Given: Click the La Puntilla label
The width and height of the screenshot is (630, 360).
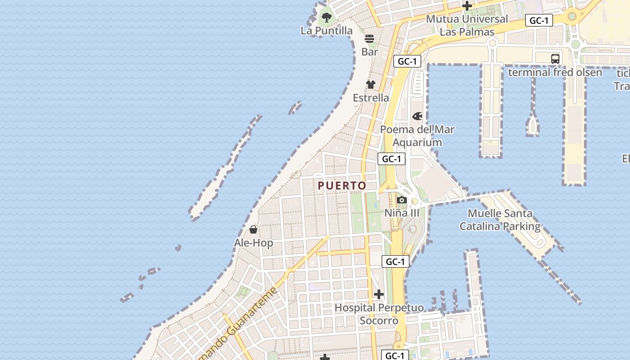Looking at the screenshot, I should pyautogui.click(x=327, y=31).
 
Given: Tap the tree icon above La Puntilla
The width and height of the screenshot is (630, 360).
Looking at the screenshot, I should pyautogui.click(x=327, y=18).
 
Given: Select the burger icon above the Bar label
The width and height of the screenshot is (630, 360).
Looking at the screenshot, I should pyautogui.click(x=369, y=39).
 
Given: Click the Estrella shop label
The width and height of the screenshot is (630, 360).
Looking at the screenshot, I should pyautogui.click(x=371, y=98).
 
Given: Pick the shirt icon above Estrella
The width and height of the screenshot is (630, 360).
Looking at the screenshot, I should pyautogui.click(x=370, y=85).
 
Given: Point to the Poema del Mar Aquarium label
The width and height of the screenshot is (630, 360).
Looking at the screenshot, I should pyautogui.click(x=417, y=136).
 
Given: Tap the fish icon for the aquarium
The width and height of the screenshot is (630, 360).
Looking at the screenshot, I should pyautogui.click(x=418, y=116).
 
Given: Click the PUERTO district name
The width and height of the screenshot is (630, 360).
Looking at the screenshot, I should pyautogui.click(x=342, y=185).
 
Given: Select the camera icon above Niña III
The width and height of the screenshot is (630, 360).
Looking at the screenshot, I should pyautogui.click(x=402, y=200).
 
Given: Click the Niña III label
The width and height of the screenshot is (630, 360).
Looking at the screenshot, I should pyautogui.click(x=402, y=213).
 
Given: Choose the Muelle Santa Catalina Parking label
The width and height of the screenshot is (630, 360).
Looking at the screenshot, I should pyautogui.click(x=500, y=220).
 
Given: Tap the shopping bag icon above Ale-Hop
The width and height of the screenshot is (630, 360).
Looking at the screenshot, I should pyautogui.click(x=253, y=230).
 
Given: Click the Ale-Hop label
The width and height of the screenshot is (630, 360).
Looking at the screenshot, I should pyautogui.click(x=253, y=243).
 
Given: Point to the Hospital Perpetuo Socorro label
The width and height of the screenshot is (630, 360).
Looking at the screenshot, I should pyautogui.click(x=379, y=314).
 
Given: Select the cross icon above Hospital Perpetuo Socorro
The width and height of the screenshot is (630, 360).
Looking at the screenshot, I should pyautogui.click(x=379, y=294).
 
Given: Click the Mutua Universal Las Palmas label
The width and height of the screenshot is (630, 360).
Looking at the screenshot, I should pyautogui.click(x=467, y=25).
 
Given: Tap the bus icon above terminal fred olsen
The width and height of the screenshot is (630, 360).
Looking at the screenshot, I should pyautogui.click(x=555, y=58).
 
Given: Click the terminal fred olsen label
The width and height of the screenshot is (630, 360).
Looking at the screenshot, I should pyautogui.click(x=555, y=72).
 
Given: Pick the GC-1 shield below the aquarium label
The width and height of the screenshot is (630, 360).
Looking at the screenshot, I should pyautogui.click(x=391, y=159).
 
